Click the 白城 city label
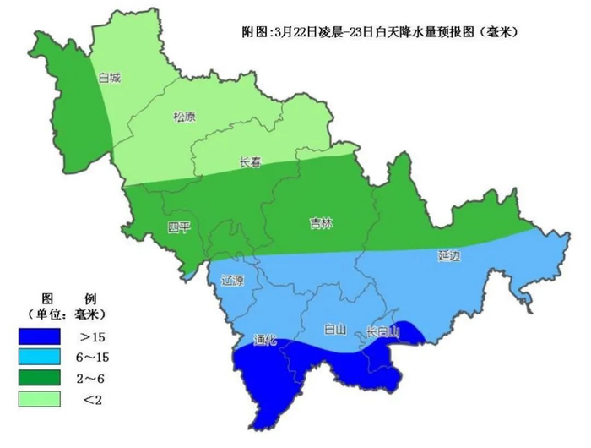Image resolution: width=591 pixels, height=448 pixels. point(109,78)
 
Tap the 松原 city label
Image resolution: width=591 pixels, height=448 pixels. point(184,117)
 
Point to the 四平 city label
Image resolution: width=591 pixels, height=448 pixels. point(179,227)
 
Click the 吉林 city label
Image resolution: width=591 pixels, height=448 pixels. point(321,223)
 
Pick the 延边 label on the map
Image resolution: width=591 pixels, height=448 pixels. point(450,254)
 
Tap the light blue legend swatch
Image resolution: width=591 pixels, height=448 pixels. point(40,357)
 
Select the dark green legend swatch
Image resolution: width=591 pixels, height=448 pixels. point(40,377)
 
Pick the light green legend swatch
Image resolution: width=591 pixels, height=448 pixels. point(40,397)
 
